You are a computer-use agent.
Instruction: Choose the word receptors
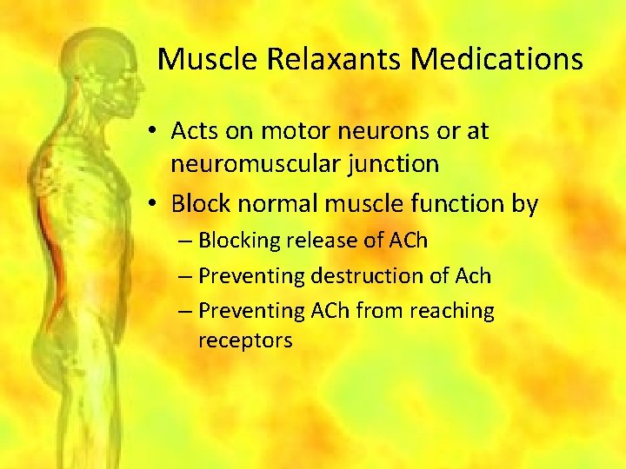point(245,340)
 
